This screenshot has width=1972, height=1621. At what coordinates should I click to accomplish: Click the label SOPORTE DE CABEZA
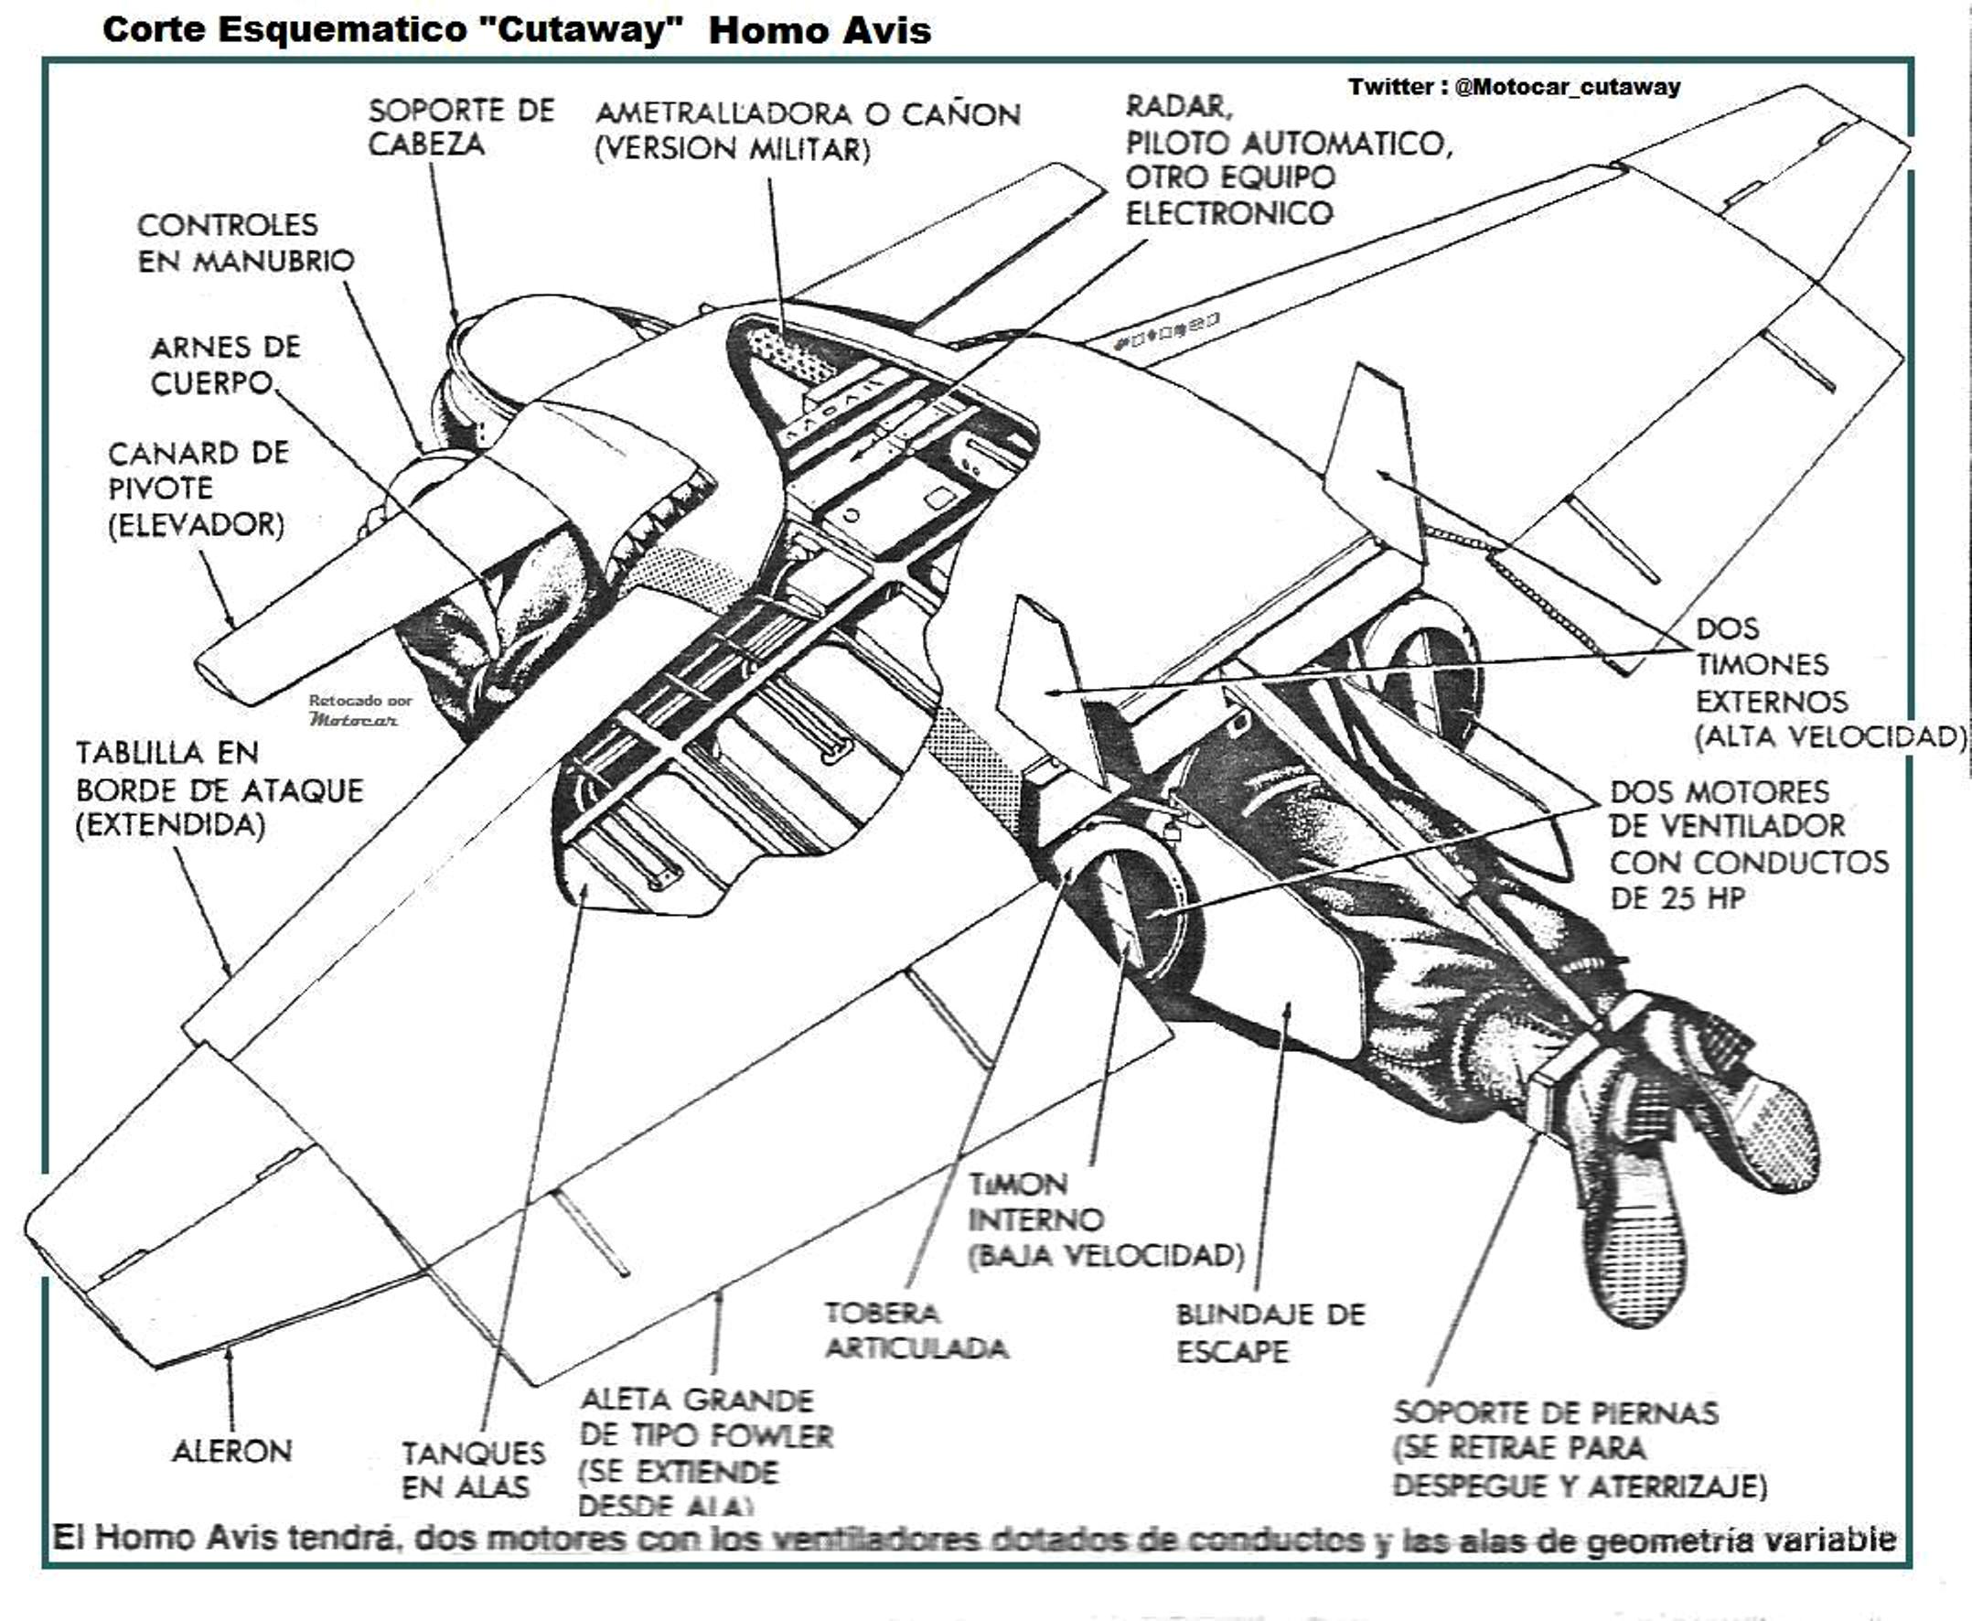click(460, 127)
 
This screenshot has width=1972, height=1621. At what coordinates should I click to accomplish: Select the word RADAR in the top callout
click(1178, 106)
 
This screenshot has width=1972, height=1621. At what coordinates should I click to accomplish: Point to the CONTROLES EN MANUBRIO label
click(245, 242)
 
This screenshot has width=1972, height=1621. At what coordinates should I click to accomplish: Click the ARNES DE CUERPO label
click(224, 365)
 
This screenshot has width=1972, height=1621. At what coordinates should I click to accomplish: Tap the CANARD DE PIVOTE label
click(197, 488)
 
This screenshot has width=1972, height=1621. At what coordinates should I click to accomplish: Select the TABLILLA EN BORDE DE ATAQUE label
click(219, 789)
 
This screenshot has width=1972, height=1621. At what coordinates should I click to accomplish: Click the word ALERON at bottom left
click(231, 1450)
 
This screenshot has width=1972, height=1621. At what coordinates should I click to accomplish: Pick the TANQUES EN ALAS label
click(473, 1469)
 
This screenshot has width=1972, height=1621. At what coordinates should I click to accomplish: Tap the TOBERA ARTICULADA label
click(915, 1331)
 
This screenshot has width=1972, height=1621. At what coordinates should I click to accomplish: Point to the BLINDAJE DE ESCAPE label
click(1269, 1333)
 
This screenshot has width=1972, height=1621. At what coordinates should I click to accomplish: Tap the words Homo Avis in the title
click(819, 31)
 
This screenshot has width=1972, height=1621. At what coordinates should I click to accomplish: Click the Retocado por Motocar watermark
click(359, 711)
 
